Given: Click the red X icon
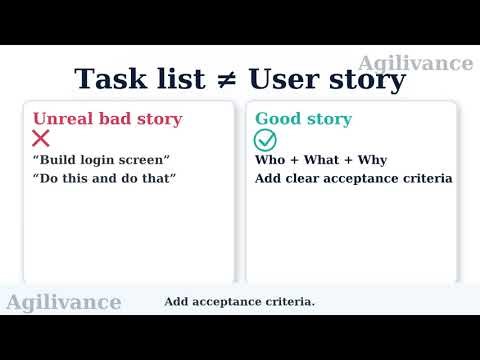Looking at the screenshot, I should pyautogui.click(x=41, y=139).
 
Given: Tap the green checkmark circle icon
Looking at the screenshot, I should pyautogui.click(x=265, y=139).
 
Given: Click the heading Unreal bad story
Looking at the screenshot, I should pyautogui.click(x=107, y=119).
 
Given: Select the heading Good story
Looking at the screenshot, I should pyautogui.click(x=303, y=119).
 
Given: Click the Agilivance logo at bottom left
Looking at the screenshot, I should pyautogui.click(x=64, y=302).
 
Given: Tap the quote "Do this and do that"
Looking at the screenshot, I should pyautogui.click(x=104, y=179).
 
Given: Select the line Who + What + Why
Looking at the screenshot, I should pyautogui.click(x=320, y=160).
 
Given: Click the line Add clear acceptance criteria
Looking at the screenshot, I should pyautogui.click(x=353, y=179).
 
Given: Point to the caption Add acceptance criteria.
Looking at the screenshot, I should pyautogui.click(x=239, y=302).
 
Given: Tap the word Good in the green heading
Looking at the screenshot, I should pyautogui.click(x=277, y=119).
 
